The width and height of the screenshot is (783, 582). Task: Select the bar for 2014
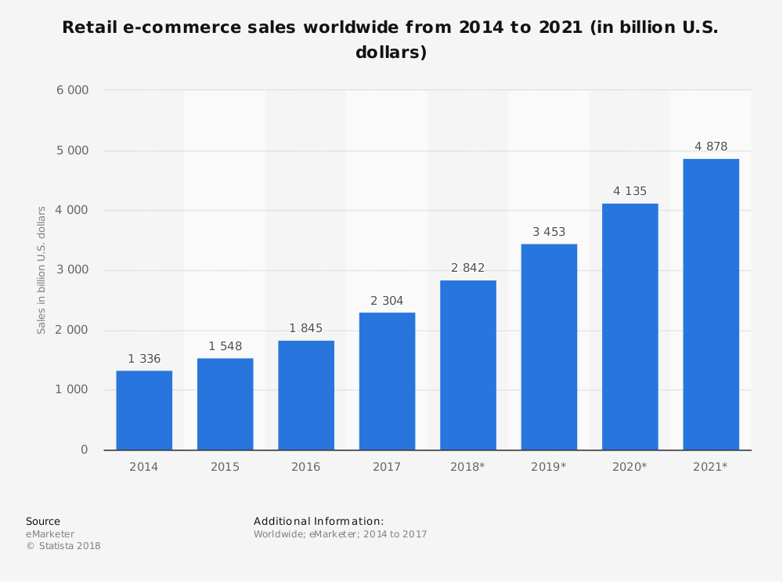[x=144, y=410]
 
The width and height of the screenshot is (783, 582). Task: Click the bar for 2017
[x=387, y=381]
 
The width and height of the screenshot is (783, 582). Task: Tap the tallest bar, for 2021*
[x=711, y=305]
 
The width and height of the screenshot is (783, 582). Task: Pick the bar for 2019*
[x=549, y=347]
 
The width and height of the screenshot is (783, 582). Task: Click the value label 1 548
[x=225, y=346]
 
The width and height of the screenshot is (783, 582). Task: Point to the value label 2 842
[x=468, y=268]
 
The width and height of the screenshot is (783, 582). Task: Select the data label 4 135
[x=630, y=191]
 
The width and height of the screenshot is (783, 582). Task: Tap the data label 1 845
[x=306, y=328]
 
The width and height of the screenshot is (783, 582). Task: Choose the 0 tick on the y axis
[x=85, y=450]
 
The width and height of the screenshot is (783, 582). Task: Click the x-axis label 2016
[x=306, y=467]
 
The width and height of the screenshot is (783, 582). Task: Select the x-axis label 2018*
[x=467, y=467]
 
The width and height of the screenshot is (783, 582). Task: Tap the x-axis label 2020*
[x=630, y=467]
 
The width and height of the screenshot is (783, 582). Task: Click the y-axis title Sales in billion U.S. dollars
[x=42, y=270]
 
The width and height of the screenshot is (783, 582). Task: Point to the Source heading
[x=43, y=521]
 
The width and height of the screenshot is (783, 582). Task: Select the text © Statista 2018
[x=63, y=546]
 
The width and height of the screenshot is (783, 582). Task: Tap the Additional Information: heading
[x=319, y=521]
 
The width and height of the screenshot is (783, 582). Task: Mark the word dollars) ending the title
[x=391, y=53]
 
